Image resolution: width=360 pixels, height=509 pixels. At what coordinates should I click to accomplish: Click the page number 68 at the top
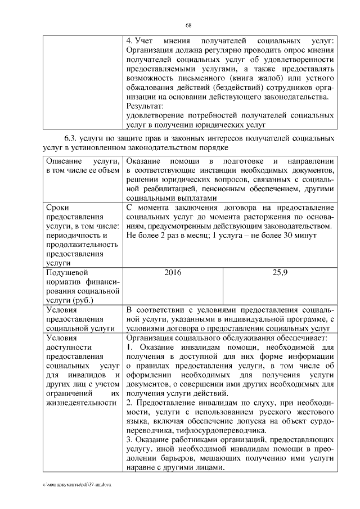pyautogui.click(x=189, y=25)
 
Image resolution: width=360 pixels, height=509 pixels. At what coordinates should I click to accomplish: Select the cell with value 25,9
pyautogui.click(x=280, y=272)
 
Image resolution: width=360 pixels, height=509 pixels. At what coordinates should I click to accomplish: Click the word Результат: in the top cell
pyautogui.click(x=145, y=106)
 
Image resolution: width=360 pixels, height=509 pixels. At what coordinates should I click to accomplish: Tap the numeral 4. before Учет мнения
pyautogui.click(x=129, y=41)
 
